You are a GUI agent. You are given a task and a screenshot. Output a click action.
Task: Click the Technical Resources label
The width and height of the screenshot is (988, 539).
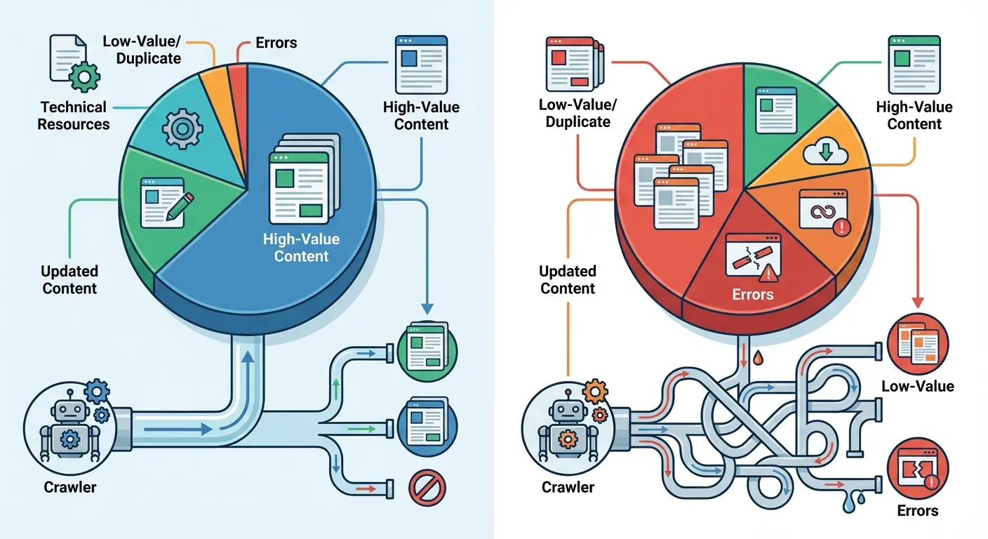point(74,116)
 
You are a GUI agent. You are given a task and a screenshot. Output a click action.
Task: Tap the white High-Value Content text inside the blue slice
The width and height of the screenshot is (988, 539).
point(301,248)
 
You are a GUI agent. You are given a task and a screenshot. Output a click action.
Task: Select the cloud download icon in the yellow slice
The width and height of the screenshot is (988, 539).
point(825,151)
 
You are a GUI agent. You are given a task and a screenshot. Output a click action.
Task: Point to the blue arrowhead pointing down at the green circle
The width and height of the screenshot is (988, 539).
point(427,308)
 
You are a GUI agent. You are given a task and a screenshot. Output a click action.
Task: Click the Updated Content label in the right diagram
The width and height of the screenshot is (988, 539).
point(568,279)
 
